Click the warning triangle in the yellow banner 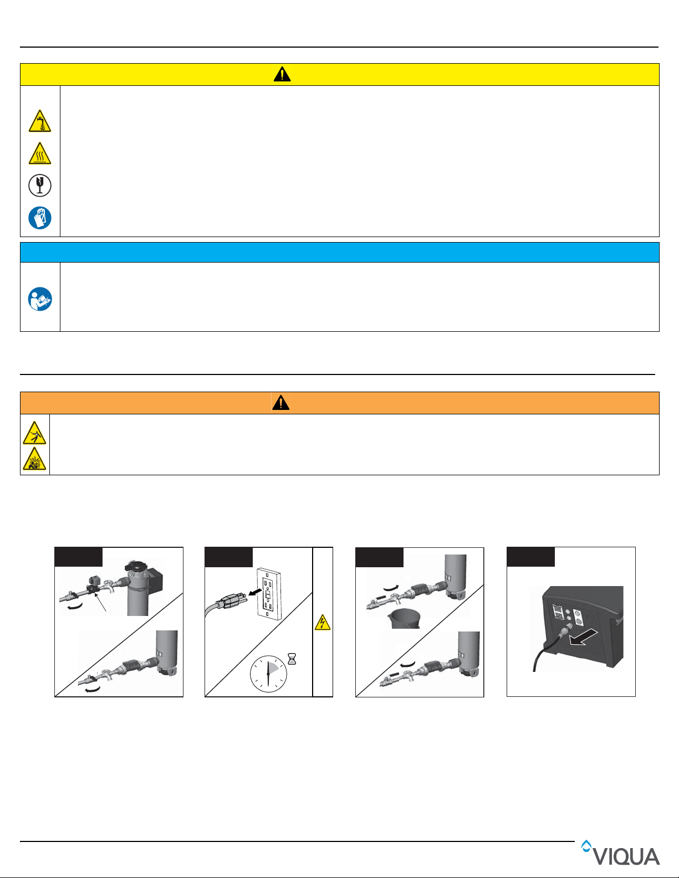(282, 74)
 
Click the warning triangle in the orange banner (281, 403)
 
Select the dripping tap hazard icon (39, 121)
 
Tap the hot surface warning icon (39, 153)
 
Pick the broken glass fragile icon (39, 186)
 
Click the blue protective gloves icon (39, 218)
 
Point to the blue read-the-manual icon (40, 299)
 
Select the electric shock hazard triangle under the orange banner (34, 433)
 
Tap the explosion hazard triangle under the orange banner (34, 459)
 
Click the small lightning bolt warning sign (323, 623)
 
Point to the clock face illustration (268, 674)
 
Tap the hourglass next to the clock (292, 659)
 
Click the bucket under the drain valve (404, 619)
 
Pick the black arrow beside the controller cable (583, 637)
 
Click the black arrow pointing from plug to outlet (255, 592)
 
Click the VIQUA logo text (626, 857)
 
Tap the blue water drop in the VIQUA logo (586, 846)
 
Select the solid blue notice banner (339, 253)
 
